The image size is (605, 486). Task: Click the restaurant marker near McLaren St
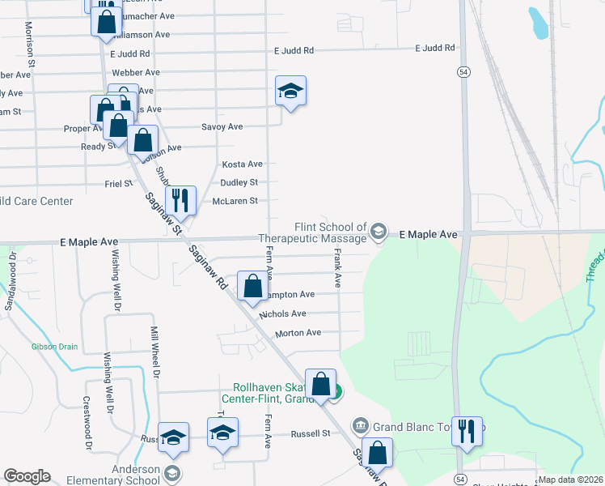click(x=180, y=200)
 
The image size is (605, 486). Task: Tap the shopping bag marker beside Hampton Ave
click(x=252, y=285)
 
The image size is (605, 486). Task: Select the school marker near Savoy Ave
click(x=290, y=92)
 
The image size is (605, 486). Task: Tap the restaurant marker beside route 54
click(x=467, y=430)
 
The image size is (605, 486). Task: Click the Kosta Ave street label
click(x=243, y=164)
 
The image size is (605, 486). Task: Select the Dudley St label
click(x=239, y=182)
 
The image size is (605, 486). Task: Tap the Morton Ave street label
click(x=298, y=332)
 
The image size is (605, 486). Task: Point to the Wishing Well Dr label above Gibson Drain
click(x=116, y=271)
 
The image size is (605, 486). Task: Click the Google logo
click(x=27, y=476)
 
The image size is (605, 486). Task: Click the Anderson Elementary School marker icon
click(x=171, y=472)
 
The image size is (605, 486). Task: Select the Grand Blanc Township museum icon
click(x=361, y=424)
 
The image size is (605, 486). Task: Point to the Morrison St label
click(x=30, y=44)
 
